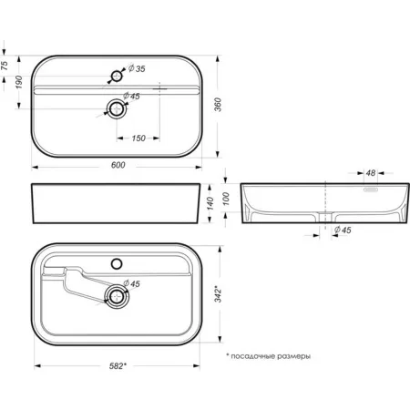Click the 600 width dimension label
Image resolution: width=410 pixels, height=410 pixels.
click(x=118, y=165)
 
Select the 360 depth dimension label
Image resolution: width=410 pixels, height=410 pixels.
click(x=218, y=105)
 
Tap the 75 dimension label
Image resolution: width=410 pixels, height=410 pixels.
click(x=5, y=66)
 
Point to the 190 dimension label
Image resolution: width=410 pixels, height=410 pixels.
click(x=19, y=82)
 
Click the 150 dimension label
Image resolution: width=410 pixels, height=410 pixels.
click(x=138, y=138)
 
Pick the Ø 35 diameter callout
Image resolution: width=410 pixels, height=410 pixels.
click(x=137, y=68)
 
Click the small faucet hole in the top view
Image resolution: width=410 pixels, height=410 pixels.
click(x=117, y=76)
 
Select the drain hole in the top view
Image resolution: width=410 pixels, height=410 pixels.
click(x=116, y=108)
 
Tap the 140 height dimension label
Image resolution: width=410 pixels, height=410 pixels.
click(x=210, y=203)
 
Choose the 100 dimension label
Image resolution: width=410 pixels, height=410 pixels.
click(x=226, y=199)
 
